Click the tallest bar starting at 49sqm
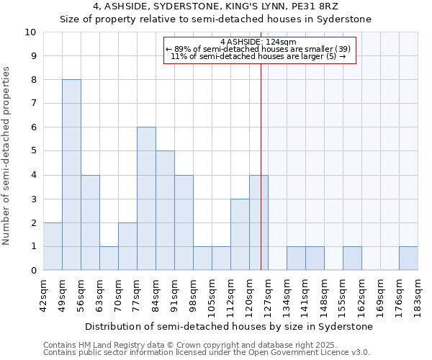point(71,175)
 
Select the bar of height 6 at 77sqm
point(146,199)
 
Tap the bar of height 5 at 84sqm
point(165,210)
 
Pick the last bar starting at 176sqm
point(408,258)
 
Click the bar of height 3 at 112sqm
point(240,234)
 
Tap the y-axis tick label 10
point(30,32)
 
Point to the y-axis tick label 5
point(33,151)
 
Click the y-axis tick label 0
point(33,270)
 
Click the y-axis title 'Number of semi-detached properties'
point(7,155)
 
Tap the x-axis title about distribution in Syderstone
point(230,326)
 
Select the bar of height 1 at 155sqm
point(352,258)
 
